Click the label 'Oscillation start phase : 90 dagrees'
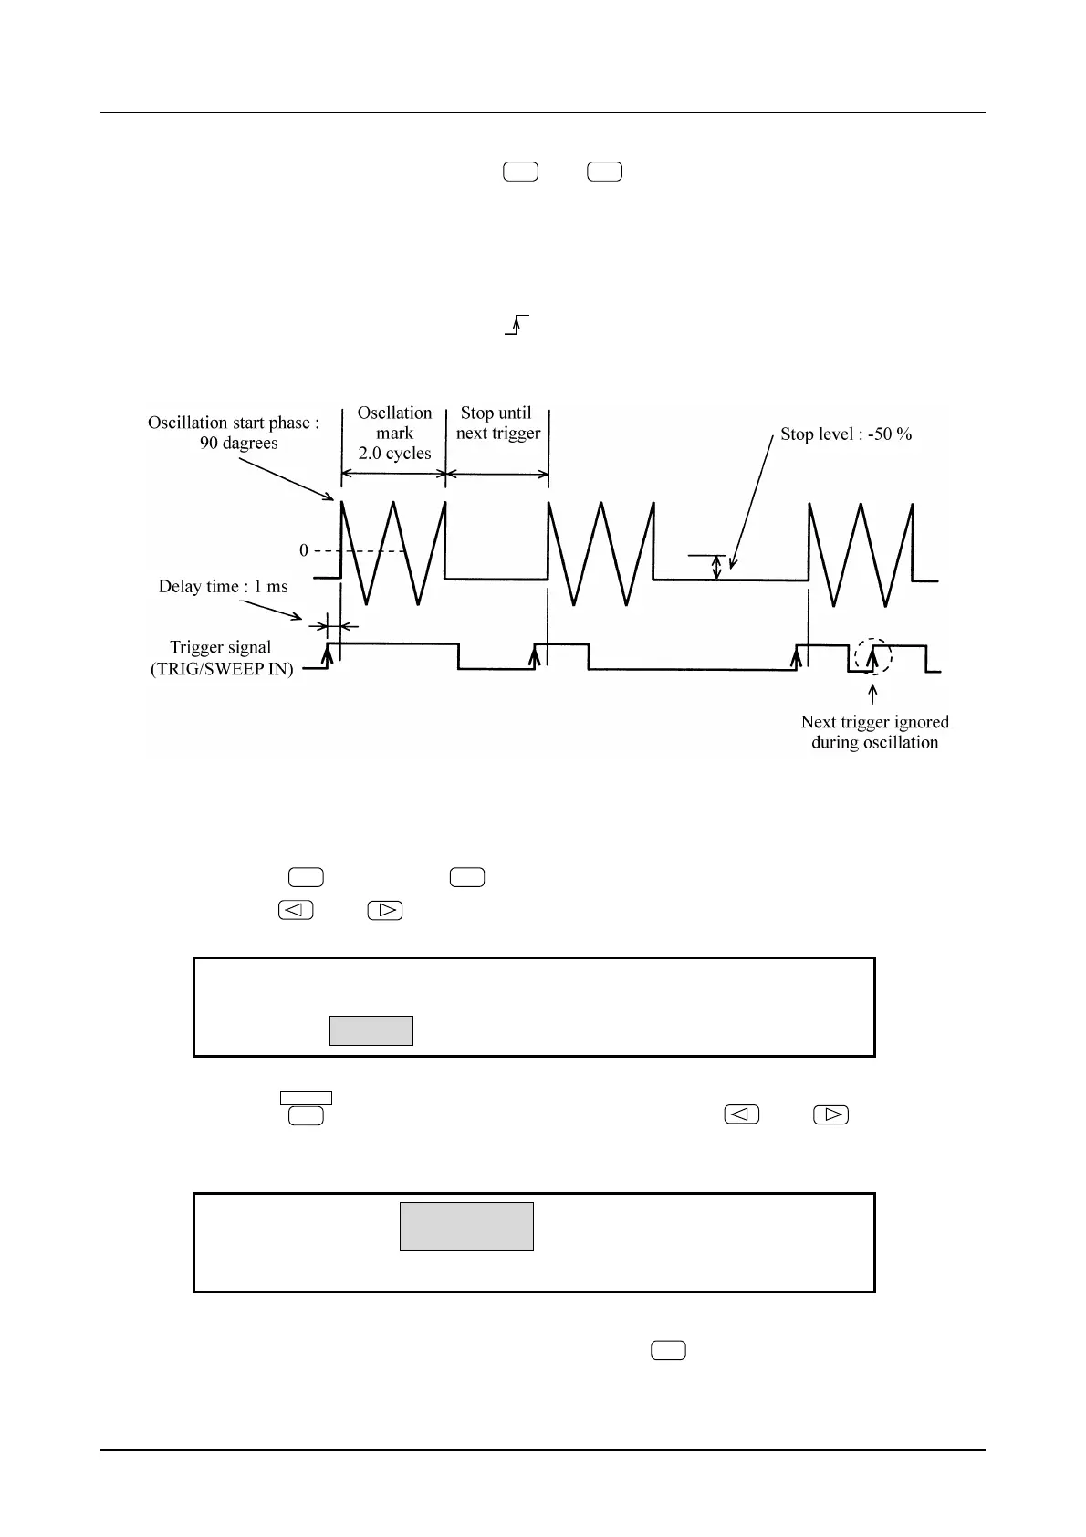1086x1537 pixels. pos(234,433)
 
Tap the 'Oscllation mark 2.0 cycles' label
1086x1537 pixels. pos(394,433)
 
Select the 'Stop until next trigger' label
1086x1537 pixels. pos(497,423)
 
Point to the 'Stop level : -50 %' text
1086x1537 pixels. pos(846,434)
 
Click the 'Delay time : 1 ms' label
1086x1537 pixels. pos(224,587)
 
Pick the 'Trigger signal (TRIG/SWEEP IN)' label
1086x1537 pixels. pos(222,658)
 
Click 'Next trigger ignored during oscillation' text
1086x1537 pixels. pos(874,732)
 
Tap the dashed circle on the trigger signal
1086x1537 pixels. pos(873,655)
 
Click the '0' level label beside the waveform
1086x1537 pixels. pos(304,551)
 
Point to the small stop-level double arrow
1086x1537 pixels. pos(716,568)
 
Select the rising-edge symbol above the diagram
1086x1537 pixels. pos(517,325)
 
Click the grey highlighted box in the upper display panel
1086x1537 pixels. pos(371,1030)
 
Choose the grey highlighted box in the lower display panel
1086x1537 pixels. pos(466,1226)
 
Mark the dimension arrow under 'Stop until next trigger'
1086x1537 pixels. pos(496,474)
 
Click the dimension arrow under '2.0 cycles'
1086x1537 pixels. pos(393,474)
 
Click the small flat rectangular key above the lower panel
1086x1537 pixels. pos(306,1098)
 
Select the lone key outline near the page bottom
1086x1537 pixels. pos(669,1350)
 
